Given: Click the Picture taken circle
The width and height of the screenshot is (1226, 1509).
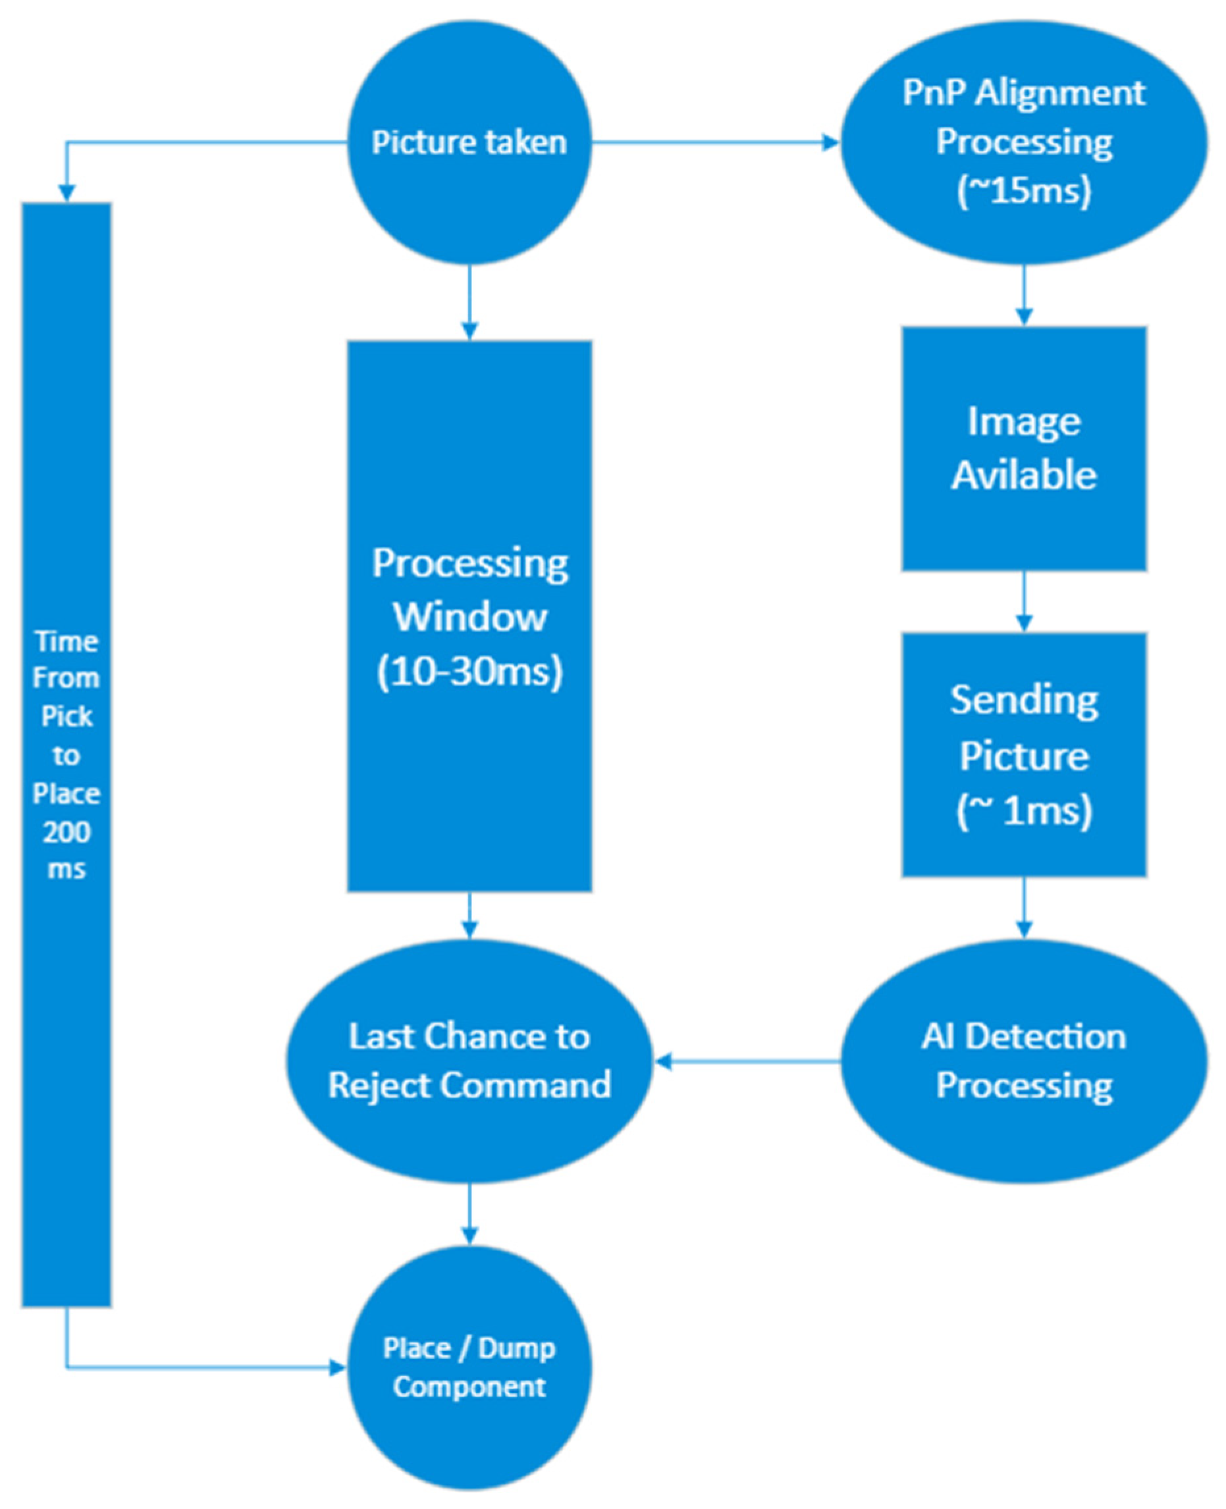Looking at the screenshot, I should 469,144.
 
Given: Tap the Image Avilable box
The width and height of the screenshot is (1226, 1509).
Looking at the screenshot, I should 1023,448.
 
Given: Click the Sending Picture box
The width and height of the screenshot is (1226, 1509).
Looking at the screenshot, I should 1023,754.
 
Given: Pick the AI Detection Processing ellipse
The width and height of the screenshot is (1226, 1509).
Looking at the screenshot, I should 1023,1061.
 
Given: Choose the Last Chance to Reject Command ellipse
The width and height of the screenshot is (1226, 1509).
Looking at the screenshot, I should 469,1061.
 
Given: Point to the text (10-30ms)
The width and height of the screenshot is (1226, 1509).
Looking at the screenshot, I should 469,672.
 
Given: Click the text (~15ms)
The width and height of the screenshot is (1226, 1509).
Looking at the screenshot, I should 1023,191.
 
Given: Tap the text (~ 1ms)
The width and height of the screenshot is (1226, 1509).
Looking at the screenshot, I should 1023,810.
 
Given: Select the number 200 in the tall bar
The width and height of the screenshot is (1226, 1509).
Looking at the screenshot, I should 67,832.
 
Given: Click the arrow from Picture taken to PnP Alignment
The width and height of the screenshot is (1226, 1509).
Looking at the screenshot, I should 713,144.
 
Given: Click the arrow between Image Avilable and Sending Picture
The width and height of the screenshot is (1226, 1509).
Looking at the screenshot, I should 1023,601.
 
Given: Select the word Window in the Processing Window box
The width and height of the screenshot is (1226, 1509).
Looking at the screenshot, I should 469,617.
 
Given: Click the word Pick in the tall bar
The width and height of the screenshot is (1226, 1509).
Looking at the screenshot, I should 67,716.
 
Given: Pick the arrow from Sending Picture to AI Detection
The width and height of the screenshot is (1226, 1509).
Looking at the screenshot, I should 1023,907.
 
